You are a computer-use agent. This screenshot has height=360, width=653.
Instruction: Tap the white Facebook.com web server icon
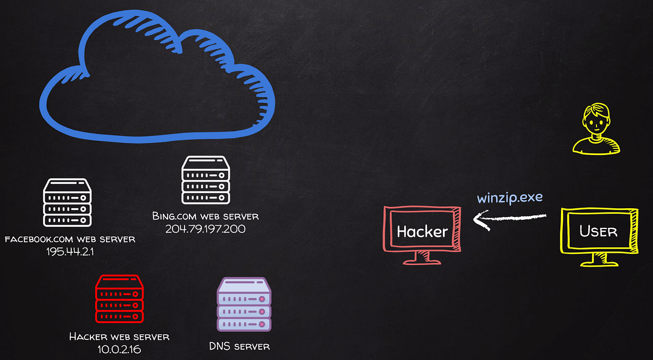coord(67,202)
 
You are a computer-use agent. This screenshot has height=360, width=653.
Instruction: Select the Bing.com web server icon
coord(206,180)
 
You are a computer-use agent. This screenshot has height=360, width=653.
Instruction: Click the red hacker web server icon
coord(120,299)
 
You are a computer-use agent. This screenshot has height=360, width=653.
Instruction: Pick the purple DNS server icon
coord(244,305)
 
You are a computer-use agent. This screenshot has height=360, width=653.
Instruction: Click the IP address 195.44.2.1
coord(70,252)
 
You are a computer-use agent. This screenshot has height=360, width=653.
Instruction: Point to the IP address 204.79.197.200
coord(206,229)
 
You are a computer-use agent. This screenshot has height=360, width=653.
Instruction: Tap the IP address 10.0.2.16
coord(119,349)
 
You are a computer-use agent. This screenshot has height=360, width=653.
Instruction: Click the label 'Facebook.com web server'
coord(70,239)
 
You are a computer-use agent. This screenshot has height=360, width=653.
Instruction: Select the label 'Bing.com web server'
coord(206,216)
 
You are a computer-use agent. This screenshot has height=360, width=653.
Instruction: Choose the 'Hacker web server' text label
coord(119,337)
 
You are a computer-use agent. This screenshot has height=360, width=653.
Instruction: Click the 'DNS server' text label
coord(239,346)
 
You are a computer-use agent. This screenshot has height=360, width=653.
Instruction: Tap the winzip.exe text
coord(510,198)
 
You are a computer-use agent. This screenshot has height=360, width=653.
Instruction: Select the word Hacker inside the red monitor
coord(422,232)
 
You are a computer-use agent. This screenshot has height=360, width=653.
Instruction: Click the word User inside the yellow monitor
coord(599,231)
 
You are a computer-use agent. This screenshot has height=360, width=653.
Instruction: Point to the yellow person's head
coord(596,119)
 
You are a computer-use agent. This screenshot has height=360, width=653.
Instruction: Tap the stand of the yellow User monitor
coord(599,260)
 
